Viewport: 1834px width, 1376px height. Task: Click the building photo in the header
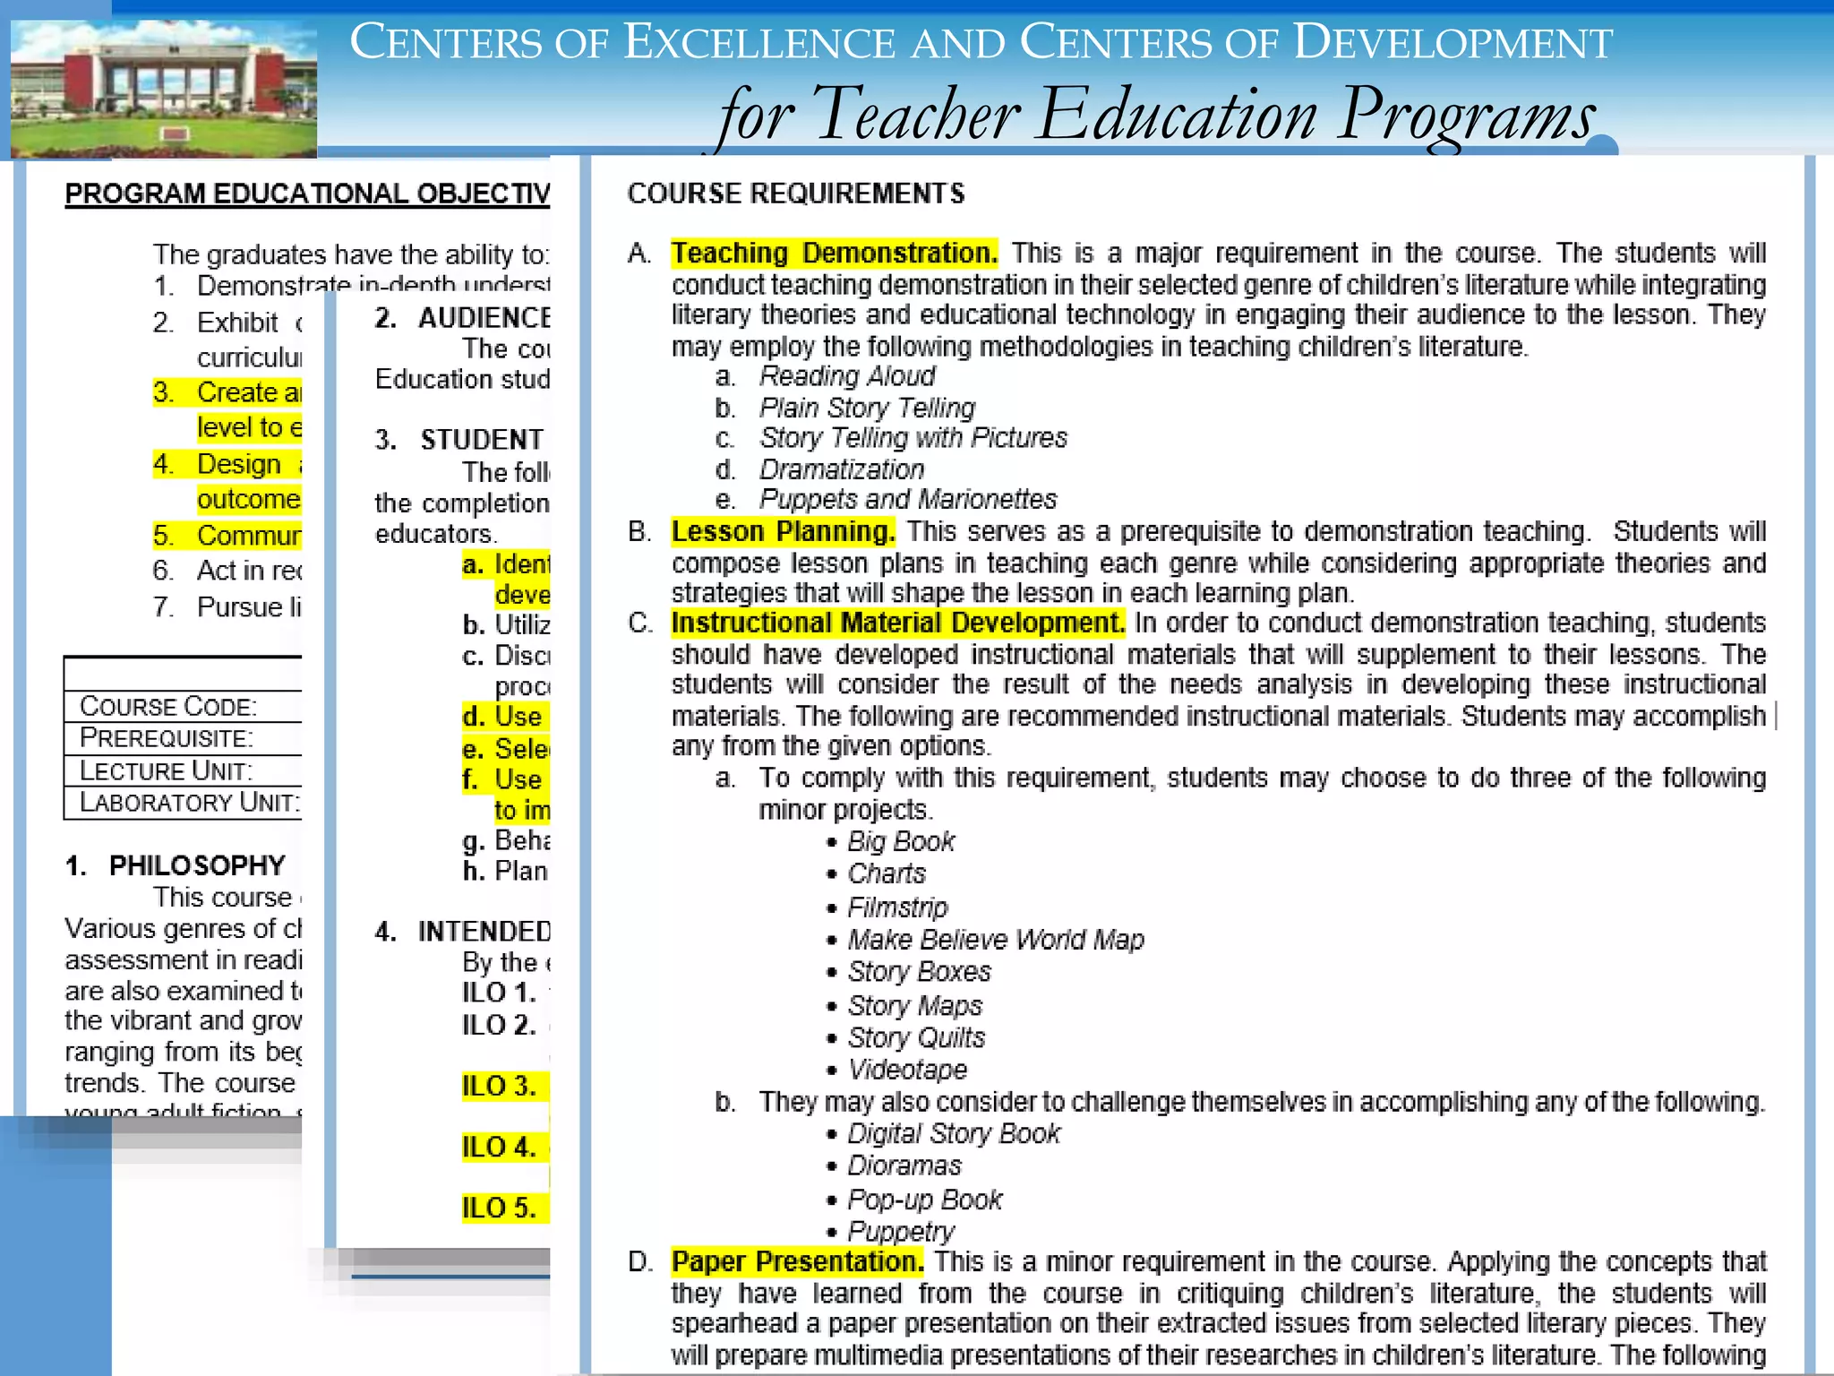[x=164, y=89]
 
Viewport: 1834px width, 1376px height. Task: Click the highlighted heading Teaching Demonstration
[x=834, y=254]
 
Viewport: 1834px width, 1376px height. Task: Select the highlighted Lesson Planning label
[x=783, y=531]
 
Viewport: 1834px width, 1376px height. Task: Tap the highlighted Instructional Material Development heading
[x=897, y=623]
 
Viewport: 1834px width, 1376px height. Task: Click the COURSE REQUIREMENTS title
[x=795, y=193]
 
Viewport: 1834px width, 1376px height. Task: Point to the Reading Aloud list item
[x=846, y=376]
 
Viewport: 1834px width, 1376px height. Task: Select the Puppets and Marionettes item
[x=907, y=499]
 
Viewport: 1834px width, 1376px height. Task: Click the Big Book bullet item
[x=900, y=841]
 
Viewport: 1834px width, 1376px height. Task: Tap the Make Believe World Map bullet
[x=995, y=940]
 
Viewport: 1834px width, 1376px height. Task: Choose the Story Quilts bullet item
[x=915, y=1037]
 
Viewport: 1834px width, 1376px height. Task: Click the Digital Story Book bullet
[x=953, y=1133]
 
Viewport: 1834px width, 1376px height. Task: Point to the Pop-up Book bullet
[x=924, y=1200]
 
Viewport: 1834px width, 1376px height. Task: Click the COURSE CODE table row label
[x=168, y=706]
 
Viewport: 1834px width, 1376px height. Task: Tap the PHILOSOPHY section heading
[x=196, y=865]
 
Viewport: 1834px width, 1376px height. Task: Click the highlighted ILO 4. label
[x=499, y=1147]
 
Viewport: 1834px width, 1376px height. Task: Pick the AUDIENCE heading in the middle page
[x=484, y=318]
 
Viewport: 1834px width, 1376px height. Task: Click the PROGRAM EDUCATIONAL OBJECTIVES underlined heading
[x=307, y=193]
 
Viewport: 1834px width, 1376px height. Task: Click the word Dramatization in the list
[x=841, y=469]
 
